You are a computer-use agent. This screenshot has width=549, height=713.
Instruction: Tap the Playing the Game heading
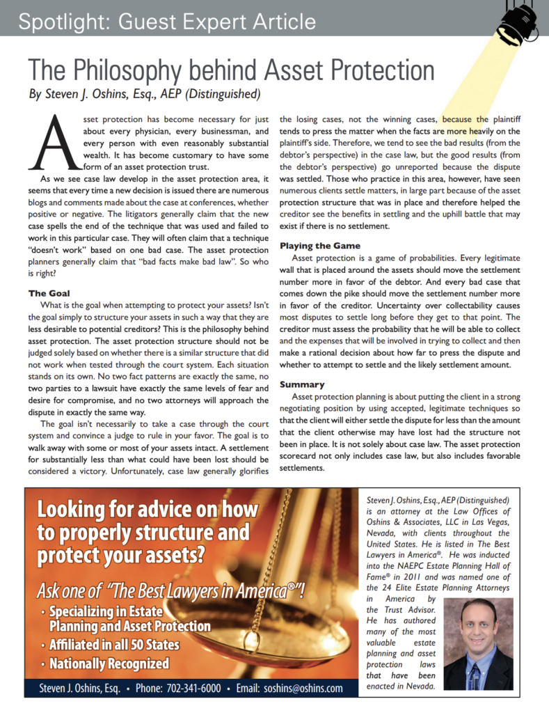tap(320, 246)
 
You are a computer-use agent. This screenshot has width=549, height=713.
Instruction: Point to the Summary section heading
tap(302, 384)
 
